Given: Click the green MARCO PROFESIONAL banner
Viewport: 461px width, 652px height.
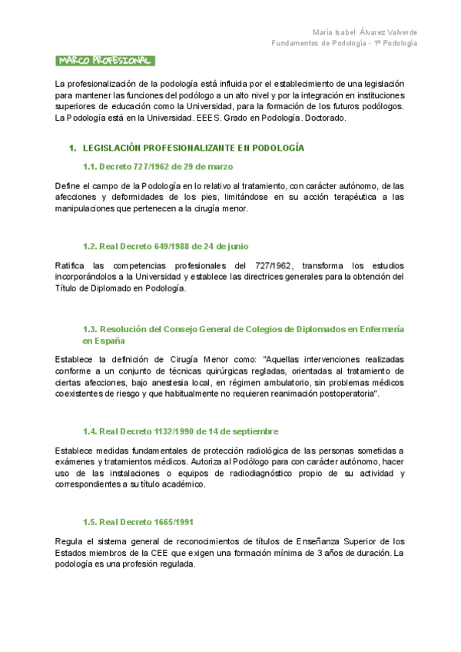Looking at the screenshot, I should pyautogui.click(x=105, y=61).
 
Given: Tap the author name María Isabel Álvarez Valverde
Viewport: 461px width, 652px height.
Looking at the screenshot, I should pyautogui.click(x=366, y=32).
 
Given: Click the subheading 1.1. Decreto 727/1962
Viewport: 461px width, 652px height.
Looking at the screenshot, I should pyautogui.click(x=158, y=166).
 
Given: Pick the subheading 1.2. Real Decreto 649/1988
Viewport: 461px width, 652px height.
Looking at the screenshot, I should pyautogui.click(x=165, y=246).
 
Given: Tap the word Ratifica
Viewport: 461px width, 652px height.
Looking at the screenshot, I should pyautogui.click(x=71, y=265).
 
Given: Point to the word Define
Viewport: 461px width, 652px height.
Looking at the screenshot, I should pyautogui.click(x=68, y=185).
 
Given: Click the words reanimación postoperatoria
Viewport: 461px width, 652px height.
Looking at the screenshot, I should pyautogui.click(x=327, y=394).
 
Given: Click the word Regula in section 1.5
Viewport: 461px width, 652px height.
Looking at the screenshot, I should pyautogui.click(x=70, y=542).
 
